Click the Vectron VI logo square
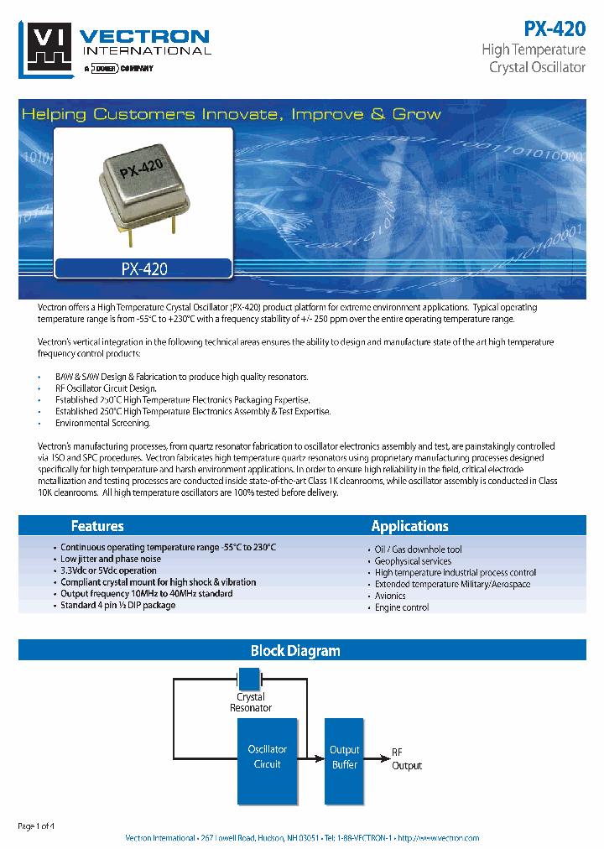point(47,49)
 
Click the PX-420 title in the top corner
point(555,28)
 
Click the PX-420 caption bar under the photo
point(143,269)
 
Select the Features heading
point(97,526)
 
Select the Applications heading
point(409,526)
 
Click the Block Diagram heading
point(295,650)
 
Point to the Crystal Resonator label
point(251,702)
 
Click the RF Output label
point(407,759)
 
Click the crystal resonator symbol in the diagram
point(250,678)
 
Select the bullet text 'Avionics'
point(390,596)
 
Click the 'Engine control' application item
point(402,607)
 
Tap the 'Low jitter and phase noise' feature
point(111,559)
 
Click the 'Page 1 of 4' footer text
point(36,826)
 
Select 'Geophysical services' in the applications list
point(413,561)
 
